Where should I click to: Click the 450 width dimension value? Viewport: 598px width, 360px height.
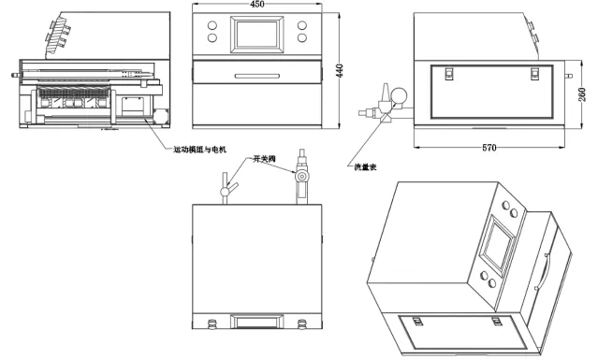[x=256, y=4]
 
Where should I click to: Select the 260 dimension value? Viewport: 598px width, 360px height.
[x=582, y=94]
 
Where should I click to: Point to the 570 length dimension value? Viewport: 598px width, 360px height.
[x=489, y=148]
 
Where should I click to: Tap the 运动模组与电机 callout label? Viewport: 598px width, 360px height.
[x=200, y=150]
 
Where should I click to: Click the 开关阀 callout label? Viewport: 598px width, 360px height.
[x=264, y=159]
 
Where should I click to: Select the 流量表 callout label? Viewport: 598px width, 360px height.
[x=365, y=166]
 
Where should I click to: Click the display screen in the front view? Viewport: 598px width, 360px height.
[x=256, y=35]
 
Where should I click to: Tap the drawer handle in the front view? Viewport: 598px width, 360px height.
[x=257, y=76]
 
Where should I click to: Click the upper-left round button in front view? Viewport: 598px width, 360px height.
[x=212, y=25]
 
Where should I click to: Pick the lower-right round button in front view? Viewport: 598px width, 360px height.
[x=302, y=37]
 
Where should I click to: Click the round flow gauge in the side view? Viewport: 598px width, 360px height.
[x=399, y=95]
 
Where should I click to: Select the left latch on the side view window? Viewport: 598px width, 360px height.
[x=449, y=73]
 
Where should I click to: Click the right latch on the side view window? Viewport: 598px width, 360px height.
[x=534, y=73]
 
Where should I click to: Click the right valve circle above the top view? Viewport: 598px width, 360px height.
[x=302, y=177]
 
